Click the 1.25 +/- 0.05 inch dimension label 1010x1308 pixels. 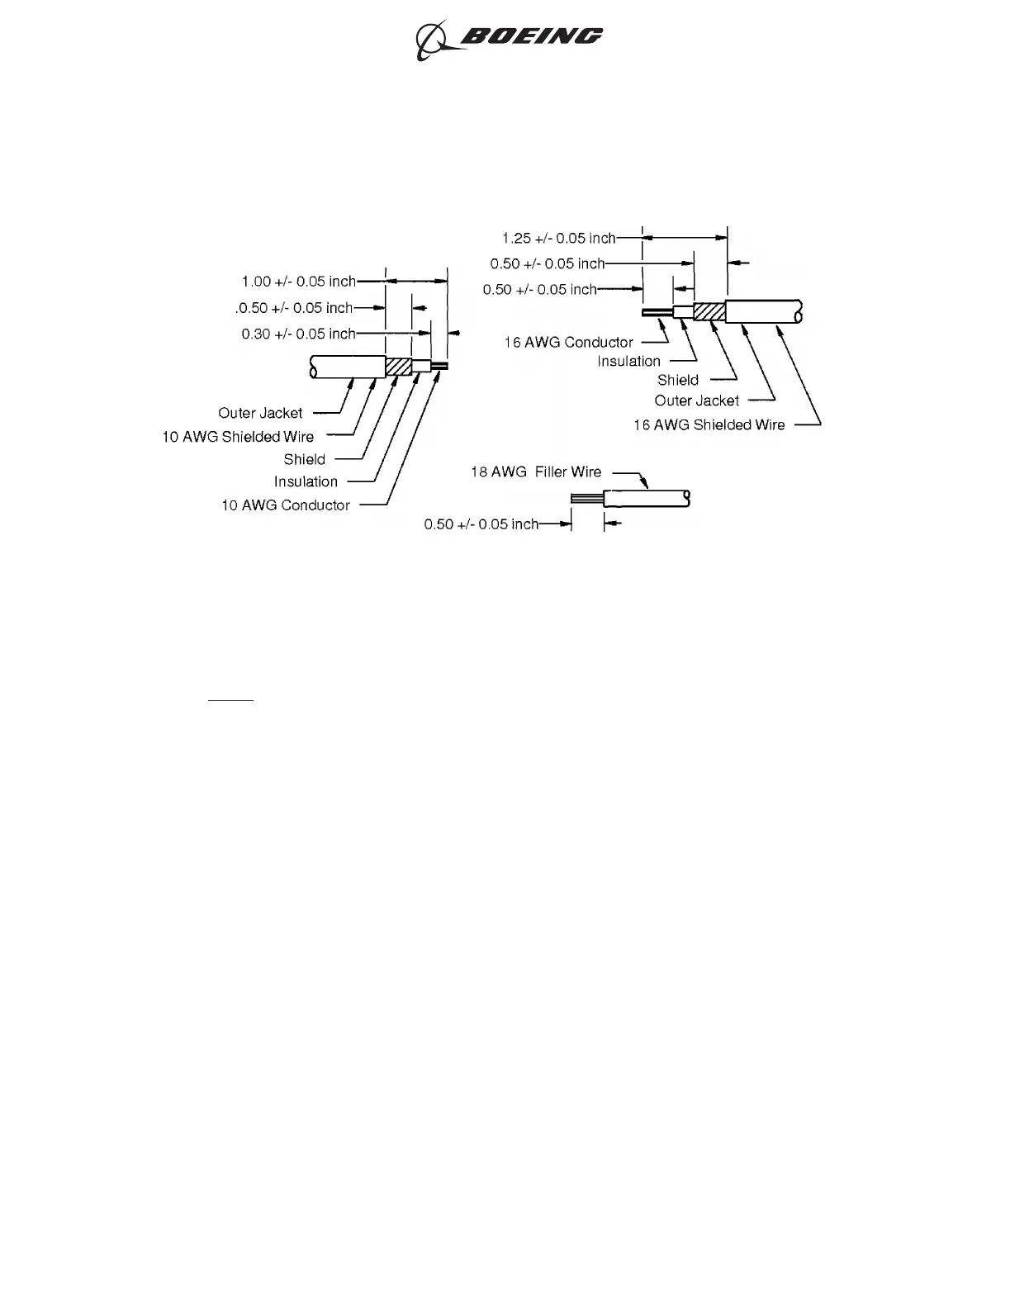[558, 239]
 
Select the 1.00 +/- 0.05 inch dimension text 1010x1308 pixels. [298, 282]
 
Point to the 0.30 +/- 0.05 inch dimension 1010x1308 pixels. [298, 334]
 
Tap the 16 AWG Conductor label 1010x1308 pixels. [568, 342]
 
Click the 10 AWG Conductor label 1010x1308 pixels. [285, 505]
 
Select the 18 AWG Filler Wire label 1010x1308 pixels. [535, 472]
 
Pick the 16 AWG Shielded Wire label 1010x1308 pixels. [709, 424]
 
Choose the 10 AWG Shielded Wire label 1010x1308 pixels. [238, 437]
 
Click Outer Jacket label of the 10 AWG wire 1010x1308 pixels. [260, 413]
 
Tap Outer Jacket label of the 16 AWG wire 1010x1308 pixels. [696, 400]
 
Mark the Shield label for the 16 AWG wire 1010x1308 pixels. [677, 380]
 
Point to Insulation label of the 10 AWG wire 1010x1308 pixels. [306, 481]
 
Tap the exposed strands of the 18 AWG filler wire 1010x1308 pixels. [586, 499]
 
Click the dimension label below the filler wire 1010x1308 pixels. [481, 524]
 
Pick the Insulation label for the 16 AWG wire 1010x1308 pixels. [628, 361]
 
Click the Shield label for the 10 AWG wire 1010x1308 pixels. [304, 459]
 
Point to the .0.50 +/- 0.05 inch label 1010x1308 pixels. [294, 308]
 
